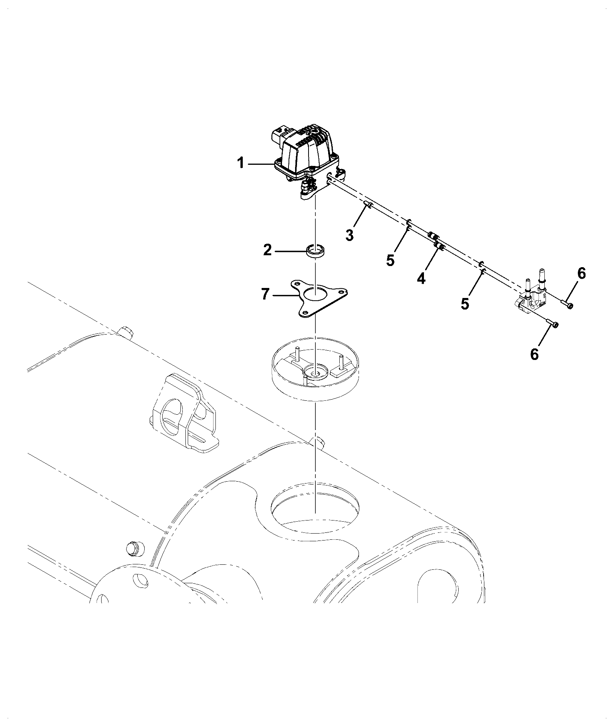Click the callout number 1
(x=240, y=164)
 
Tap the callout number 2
(x=267, y=250)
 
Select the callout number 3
(x=349, y=235)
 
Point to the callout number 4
(x=422, y=278)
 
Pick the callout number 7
(x=265, y=294)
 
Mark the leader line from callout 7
(x=286, y=296)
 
